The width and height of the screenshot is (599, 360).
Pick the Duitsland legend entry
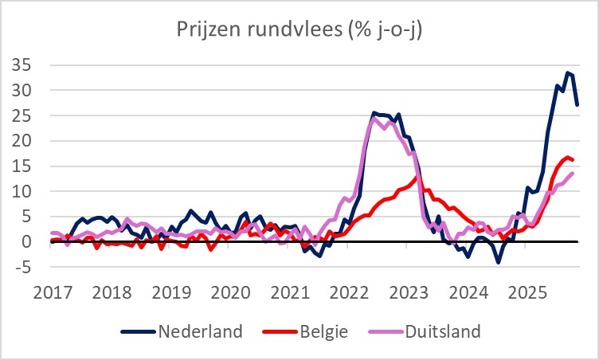[x=442, y=330]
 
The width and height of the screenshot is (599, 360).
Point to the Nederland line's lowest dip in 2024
[x=499, y=262]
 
